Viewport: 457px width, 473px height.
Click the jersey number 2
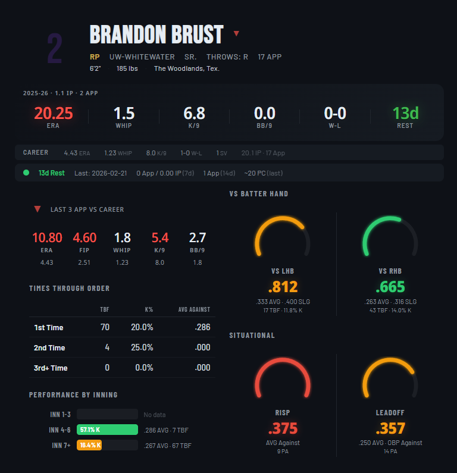coord(54,49)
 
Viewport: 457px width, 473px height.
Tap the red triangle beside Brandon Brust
coord(236,33)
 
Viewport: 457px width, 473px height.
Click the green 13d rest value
coord(405,112)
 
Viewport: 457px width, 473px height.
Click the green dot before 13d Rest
coord(26,173)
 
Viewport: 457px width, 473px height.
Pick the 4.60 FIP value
coord(84,238)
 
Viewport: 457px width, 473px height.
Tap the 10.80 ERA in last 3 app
coord(47,238)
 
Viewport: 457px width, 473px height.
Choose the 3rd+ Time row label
coord(51,368)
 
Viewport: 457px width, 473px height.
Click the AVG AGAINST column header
coord(194,309)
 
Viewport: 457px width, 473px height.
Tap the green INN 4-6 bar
coord(107,430)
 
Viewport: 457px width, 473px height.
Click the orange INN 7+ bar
coord(89,445)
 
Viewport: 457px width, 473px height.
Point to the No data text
coord(157,414)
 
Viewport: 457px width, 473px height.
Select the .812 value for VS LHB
coord(283,287)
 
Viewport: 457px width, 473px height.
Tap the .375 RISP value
coord(283,428)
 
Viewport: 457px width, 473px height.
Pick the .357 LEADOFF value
coord(390,428)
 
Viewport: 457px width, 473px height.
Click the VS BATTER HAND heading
coord(258,194)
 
